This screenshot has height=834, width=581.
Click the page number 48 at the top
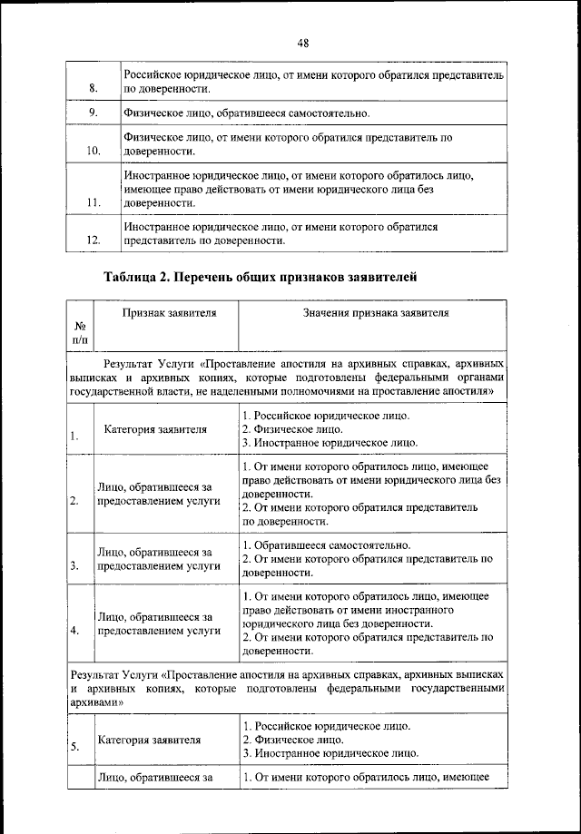click(x=303, y=43)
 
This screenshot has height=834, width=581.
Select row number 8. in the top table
click(x=94, y=88)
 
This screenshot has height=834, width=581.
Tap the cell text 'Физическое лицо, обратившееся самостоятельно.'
click(x=246, y=113)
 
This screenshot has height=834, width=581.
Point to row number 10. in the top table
click(x=94, y=151)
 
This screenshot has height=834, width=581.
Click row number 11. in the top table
click(x=94, y=202)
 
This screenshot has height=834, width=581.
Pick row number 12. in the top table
click(x=94, y=240)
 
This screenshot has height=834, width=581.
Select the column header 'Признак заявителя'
click(x=168, y=312)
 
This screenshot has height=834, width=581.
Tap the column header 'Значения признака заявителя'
click(x=375, y=312)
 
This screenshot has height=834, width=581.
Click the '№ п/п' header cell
click(x=80, y=331)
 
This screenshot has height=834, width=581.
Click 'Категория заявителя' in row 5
click(x=149, y=739)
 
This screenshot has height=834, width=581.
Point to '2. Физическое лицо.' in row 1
click(x=292, y=429)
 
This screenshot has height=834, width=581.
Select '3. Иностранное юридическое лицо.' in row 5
click(x=330, y=752)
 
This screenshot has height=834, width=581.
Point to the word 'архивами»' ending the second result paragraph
click(x=97, y=702)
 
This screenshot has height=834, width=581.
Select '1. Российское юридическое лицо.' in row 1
click(x=325, y=416)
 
